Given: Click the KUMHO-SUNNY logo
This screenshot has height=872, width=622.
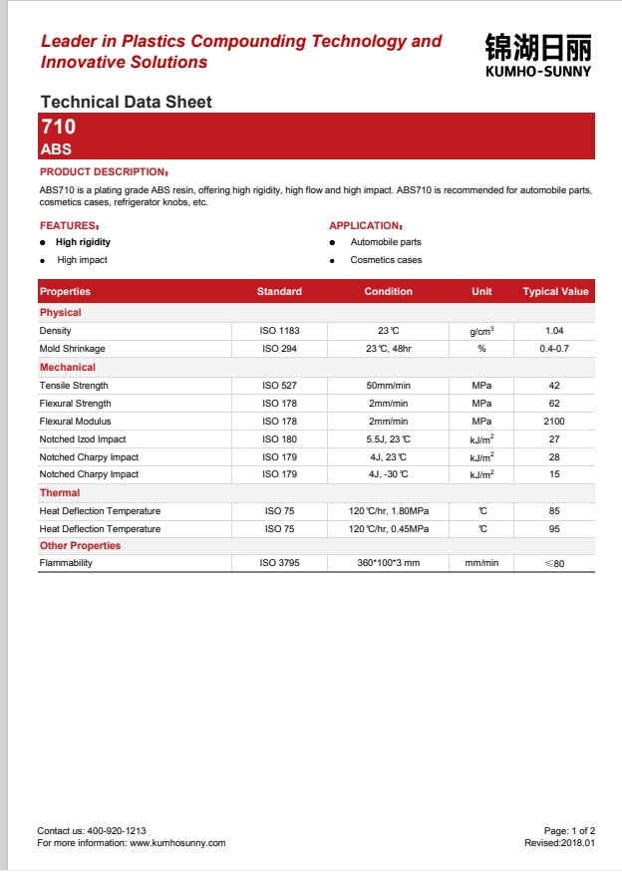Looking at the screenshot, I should (537, 56).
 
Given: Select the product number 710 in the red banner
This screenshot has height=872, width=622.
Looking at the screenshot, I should (58, 128).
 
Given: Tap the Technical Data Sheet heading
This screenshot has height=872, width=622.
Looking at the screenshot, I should (126, 102).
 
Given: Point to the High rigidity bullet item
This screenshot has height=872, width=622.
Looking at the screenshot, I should (83, 242).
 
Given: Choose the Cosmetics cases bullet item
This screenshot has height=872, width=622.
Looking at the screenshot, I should (386, 260).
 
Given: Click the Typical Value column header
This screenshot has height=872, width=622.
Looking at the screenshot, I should (555, 292).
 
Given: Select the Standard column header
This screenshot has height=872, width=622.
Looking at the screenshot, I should (279, 292).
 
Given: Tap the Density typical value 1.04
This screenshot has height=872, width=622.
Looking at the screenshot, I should (554, 330).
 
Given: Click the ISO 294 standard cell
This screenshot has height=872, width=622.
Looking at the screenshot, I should (279, 349).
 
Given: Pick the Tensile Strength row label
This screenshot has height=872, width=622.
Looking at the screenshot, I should (74, 386).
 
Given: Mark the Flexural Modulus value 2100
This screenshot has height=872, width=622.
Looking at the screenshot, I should (554, 422).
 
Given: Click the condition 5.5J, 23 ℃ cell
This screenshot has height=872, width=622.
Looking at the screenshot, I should (388, 439).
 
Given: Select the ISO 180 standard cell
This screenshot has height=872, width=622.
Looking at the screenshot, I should (279, 439).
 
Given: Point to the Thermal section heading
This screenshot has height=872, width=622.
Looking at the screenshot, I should (60, 493).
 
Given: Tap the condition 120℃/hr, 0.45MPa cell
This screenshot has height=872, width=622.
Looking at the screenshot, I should (389, 529).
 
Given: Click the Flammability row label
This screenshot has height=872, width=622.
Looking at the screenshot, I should (66, 564).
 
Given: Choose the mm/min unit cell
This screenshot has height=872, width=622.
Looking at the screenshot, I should (481, 564).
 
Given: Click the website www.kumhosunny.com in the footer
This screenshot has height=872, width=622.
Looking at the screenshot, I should (177, 843).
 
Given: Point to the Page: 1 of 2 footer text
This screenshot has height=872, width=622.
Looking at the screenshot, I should (569, 830).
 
